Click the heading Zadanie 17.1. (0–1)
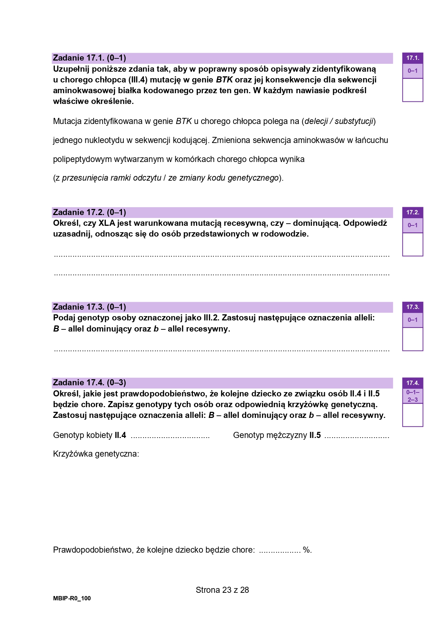(x=89, y=58)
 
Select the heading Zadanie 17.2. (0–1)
(x=89, y=213)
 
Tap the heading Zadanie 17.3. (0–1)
(x=89, y=307)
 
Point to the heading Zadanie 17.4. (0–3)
(x=89, y=383)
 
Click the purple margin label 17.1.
(x=412, y=58)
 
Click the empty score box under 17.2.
(x=412, y=244)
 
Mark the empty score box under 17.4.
(x=412, y=415)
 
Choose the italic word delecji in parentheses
(x=316, y=121)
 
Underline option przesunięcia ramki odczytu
(x=112, y=178)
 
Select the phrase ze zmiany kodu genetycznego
(x=223, y=178)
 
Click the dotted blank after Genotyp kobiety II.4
(x=170, y=436)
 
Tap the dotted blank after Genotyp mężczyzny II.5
(x=356, y=436)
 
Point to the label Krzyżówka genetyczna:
(x=96, y=454)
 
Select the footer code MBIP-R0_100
(x=72, y=599)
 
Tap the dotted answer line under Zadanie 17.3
(x=221, y=350)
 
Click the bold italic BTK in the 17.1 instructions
(x=224, y=80)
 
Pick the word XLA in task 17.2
(x=107, y=223)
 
